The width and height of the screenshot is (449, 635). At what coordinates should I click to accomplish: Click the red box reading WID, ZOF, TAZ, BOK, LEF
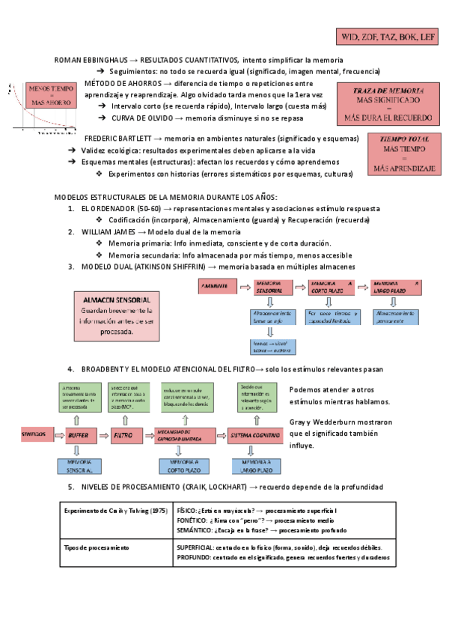pos(388,36)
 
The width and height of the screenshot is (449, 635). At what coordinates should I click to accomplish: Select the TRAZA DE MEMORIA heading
pos(388,90)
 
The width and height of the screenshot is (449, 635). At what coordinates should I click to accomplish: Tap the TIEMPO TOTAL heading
pos(404,139)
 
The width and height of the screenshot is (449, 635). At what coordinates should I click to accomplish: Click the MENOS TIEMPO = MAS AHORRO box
pos(49,96)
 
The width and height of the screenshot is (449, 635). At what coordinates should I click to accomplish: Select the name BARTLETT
pos(132,139)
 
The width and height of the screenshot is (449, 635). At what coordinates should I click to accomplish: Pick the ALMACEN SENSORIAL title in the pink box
pos(117,299)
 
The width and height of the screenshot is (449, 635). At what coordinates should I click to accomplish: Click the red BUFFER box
pos(78,434)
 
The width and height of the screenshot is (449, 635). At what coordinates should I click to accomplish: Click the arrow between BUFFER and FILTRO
pos(102,434)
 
